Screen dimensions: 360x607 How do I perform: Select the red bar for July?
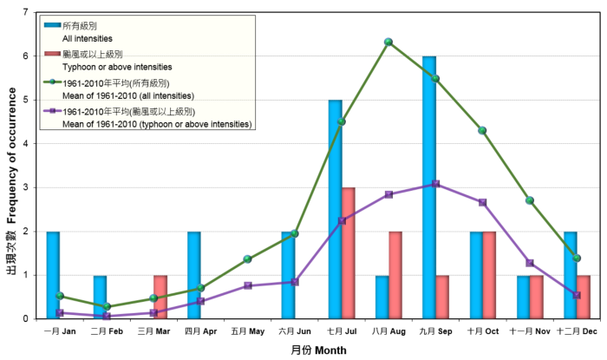[x=347, y=253]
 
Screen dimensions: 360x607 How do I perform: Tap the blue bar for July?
[x=335, y=209]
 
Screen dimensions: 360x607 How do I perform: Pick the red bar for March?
[x=160, y=297]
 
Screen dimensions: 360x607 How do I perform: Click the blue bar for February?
[x=101, y=297]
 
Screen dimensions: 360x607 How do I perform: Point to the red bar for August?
[x=395, y=275]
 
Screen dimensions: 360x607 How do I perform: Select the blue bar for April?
[x=194, y=275]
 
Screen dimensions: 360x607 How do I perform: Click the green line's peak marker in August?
[x=388, y=42]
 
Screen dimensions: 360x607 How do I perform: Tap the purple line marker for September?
[x=435, y=184]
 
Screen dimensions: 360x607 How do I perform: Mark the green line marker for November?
[x=530, y=200]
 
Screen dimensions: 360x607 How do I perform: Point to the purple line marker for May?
[x=247, y=285]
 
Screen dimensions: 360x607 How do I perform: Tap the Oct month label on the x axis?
[x=482, y=331]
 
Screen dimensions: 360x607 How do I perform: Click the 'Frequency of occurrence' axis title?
[x=13, y=165]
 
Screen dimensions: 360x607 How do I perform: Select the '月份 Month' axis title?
[x=318, y=350]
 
